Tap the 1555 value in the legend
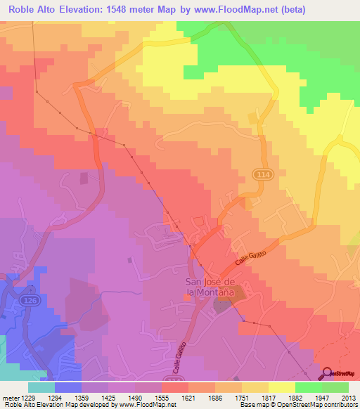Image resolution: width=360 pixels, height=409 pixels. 162,398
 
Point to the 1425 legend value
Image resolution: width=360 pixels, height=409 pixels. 108,398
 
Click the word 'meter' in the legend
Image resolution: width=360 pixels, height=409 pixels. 7,398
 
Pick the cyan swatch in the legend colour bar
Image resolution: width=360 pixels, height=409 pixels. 41,387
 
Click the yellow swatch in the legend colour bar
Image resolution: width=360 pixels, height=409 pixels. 281,387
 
